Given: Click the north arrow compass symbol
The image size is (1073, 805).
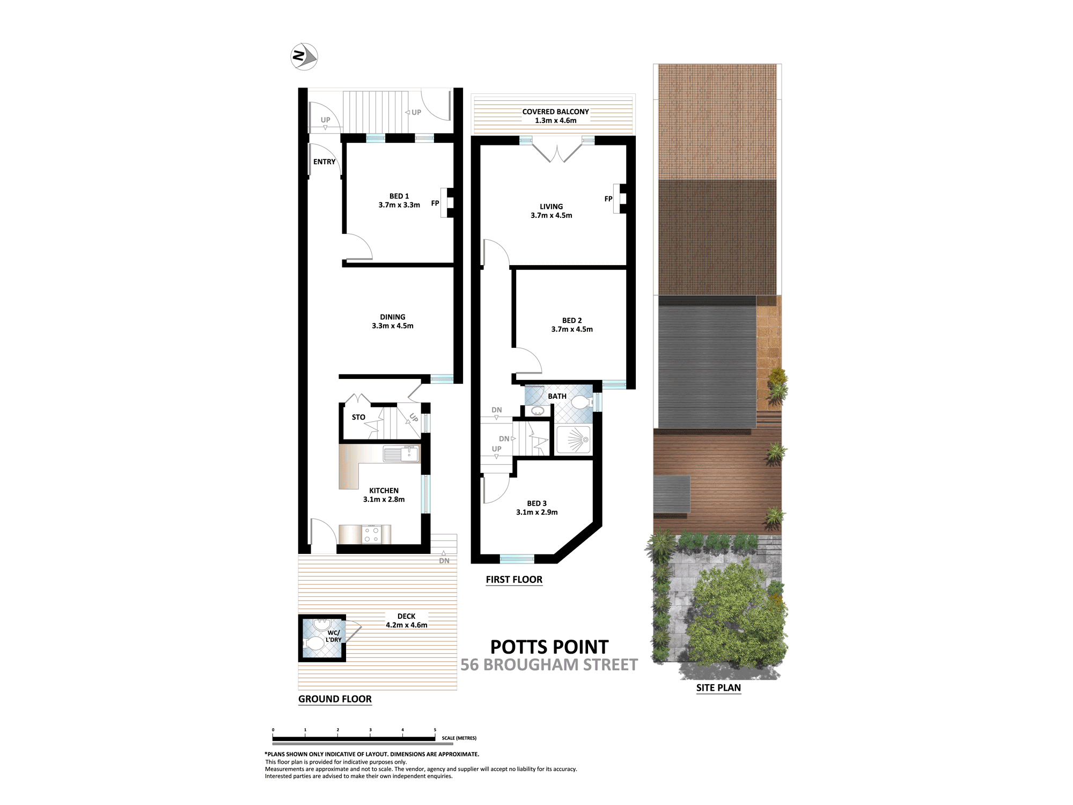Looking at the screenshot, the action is [304, 56].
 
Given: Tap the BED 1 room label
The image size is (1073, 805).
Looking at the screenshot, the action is [399, 196].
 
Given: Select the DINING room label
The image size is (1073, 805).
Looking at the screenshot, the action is [393, 317].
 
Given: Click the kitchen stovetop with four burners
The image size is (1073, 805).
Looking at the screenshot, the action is [372, 535].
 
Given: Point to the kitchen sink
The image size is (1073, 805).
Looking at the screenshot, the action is [401, 454].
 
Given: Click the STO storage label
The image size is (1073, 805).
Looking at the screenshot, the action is [358, 417].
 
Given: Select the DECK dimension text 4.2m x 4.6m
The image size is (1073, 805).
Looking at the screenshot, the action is [407, 625].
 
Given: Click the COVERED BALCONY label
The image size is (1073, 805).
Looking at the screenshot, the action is [556, 112].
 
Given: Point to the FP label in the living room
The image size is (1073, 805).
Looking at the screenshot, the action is [608, 199].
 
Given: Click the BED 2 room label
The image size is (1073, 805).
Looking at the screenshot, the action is [572, 320].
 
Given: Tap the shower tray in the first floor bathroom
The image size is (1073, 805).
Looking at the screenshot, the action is [574, 440].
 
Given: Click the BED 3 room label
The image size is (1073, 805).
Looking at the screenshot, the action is [537, 503].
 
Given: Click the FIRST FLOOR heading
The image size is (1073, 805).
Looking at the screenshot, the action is [514, 580].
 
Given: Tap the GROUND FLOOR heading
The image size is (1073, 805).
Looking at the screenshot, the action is [335, 699].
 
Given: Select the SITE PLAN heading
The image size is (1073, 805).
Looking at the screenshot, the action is [718, 688].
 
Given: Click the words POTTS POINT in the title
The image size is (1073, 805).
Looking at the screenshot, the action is [549, 647].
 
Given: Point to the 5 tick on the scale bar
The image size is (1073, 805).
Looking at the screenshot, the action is [435, 730].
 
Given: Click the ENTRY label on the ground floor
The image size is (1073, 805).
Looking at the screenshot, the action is [325, 162].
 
